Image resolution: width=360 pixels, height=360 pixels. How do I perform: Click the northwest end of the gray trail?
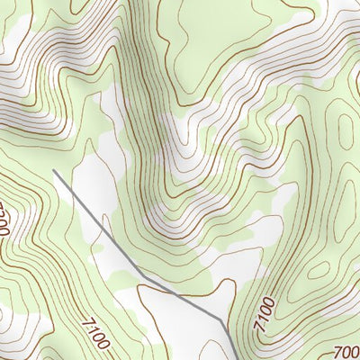click(x=54, y=170)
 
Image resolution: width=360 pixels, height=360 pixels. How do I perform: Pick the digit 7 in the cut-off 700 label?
click(x=337, y=350)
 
